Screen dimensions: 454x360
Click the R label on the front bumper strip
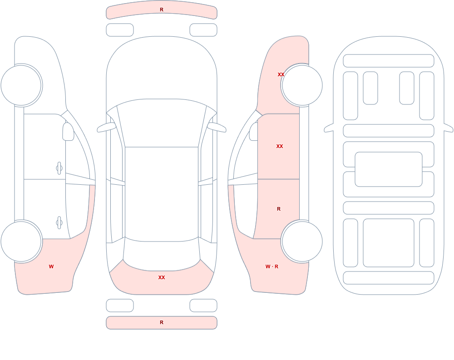coord(162,10)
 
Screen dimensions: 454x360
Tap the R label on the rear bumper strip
coord(162,322)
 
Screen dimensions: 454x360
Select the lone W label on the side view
coord(51,266)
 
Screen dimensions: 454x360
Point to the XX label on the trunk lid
coord(162,277)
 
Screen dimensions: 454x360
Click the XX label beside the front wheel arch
coord(281,74)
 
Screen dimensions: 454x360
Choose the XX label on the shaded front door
coord(280,146)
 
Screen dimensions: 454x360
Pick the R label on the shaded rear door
coord(279,209)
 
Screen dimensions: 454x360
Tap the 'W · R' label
coord(272,266)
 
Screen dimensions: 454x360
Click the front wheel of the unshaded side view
coord(21,85)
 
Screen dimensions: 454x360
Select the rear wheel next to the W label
coord(21,241)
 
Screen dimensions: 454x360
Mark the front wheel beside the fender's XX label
coord(302,85)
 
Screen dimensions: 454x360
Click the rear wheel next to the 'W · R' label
coord(302,241)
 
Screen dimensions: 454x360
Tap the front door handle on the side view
coord(59,168)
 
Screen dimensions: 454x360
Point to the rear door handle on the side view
coord(59,223)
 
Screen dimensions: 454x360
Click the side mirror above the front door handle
coord(69,132)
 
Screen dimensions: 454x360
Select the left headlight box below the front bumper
coord(120,30)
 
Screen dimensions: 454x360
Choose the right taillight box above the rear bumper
coord(203,305)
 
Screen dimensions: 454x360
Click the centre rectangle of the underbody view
coord(389,169)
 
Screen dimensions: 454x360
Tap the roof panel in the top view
coord(162,194)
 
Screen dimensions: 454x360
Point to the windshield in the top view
coord(162,123)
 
